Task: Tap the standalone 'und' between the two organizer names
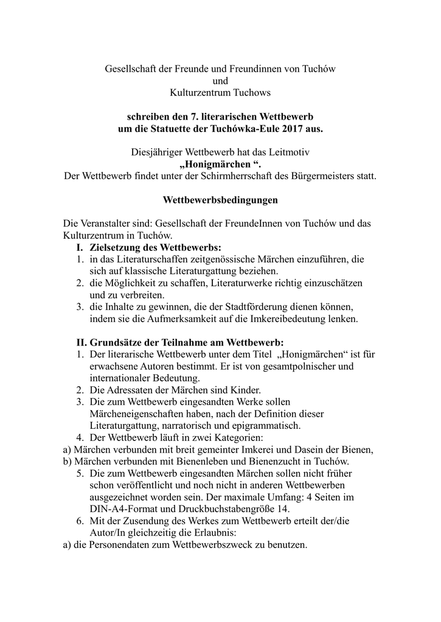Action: coord(220,80)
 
